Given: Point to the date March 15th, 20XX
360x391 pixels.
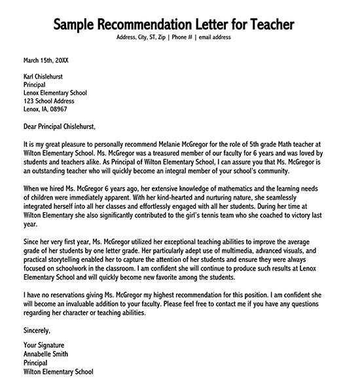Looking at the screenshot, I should (46, 60).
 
